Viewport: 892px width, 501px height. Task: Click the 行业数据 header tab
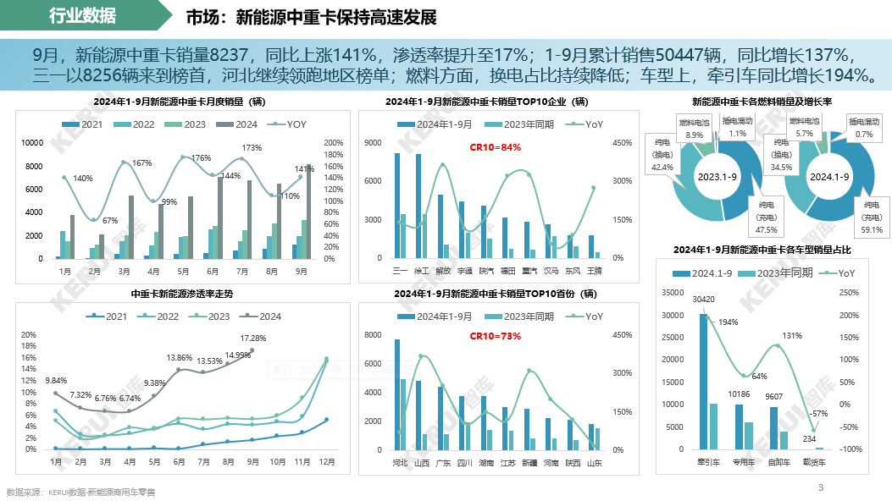coord(82,16)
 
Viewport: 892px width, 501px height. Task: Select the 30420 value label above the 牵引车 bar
coord(702,300)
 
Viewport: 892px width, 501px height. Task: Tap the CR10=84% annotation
coord(496,147)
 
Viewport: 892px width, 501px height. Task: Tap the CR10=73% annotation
coord(496,336)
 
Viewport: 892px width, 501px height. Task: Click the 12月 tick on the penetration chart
coord(325,463)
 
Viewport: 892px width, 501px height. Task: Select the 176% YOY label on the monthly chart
coord(201,158)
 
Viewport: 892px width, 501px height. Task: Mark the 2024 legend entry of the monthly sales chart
coord(241,124)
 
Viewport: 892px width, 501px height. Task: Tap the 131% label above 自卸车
coord(791,336)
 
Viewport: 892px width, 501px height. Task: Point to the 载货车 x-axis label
coord(815,463)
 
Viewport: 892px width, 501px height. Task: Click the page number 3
coord(820,487)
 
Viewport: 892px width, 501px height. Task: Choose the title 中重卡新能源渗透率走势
coord(181,294)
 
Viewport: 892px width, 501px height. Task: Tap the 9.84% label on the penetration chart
coord(56,381)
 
